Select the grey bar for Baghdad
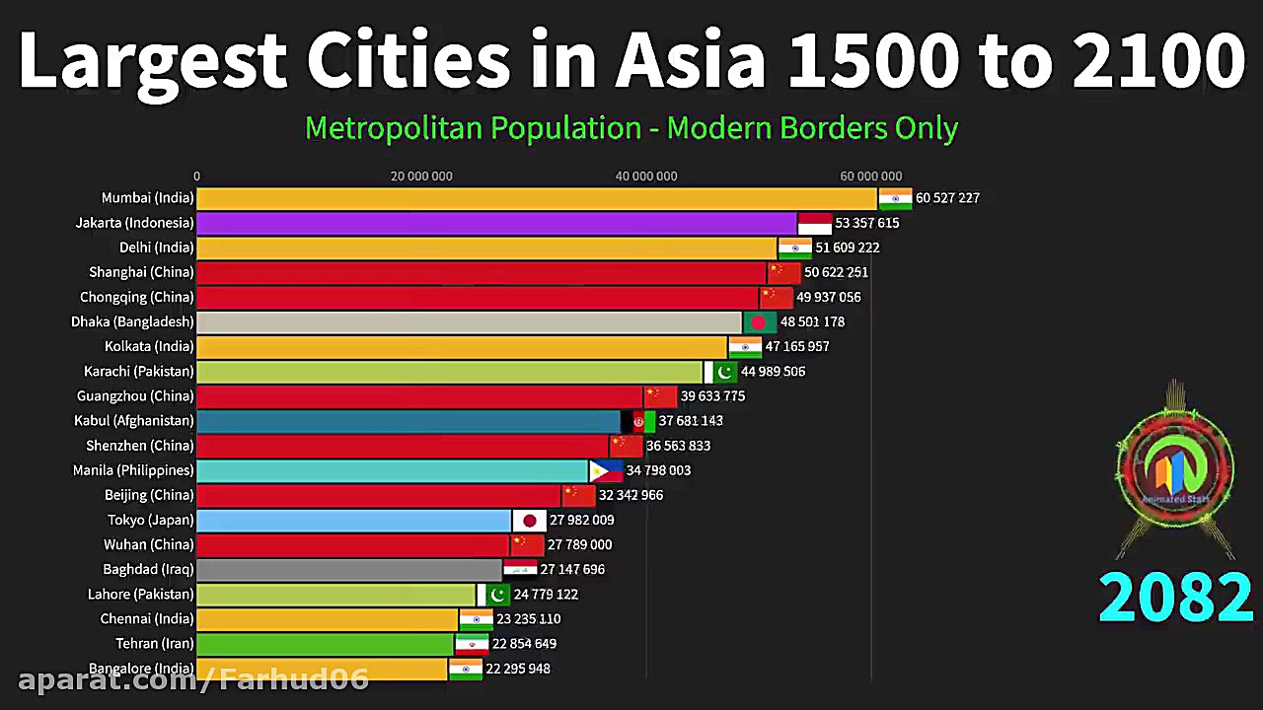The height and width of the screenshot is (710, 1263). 349,569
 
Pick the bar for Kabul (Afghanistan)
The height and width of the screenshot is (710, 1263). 409,421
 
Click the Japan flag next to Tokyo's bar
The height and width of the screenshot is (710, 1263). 529,520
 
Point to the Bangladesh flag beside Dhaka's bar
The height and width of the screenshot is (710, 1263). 759,321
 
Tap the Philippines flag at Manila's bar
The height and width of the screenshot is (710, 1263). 606,470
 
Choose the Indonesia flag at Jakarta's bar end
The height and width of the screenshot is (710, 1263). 815,223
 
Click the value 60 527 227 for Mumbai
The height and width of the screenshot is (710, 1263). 947,198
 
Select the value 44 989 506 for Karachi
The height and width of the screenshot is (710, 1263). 773,372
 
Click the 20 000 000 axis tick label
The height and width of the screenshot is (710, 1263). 421,177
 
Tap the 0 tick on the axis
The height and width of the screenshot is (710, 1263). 197,177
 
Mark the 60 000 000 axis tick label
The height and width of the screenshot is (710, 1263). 870,177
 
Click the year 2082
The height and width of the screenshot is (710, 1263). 1174,597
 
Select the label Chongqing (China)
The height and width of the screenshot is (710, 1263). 137,297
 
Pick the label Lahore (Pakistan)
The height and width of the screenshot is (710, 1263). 140,594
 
